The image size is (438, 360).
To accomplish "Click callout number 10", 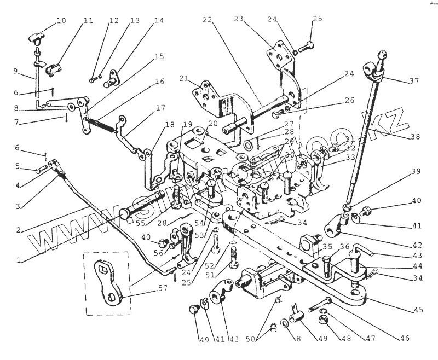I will [x=61, y=21].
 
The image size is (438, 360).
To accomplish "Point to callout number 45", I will [x=418, y=310].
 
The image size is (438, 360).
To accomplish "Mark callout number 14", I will [x=159, y=21].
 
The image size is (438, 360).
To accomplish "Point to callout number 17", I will [x=160, y=108].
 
